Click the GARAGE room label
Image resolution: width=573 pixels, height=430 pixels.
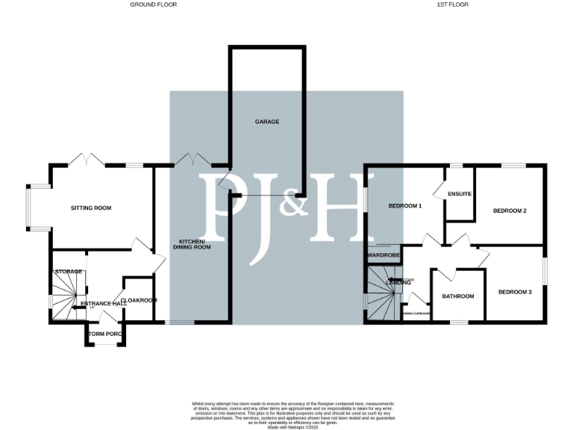(266, 122)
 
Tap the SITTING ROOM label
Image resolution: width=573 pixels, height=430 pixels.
(91, 208)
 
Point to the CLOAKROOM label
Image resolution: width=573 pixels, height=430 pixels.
(139, 300)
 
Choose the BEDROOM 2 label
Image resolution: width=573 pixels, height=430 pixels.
(510, 211)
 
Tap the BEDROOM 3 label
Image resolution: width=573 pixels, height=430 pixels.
(515, 291)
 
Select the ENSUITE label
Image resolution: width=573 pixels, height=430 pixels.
(460, 194)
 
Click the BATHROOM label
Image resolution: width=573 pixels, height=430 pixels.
(458, 296)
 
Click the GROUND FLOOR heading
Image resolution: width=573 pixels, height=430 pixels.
(154, 4)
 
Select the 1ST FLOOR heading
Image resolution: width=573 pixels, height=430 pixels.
(453, 4)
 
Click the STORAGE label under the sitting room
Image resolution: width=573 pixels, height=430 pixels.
(67, 272)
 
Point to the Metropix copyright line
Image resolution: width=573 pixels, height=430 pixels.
(292, 426)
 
